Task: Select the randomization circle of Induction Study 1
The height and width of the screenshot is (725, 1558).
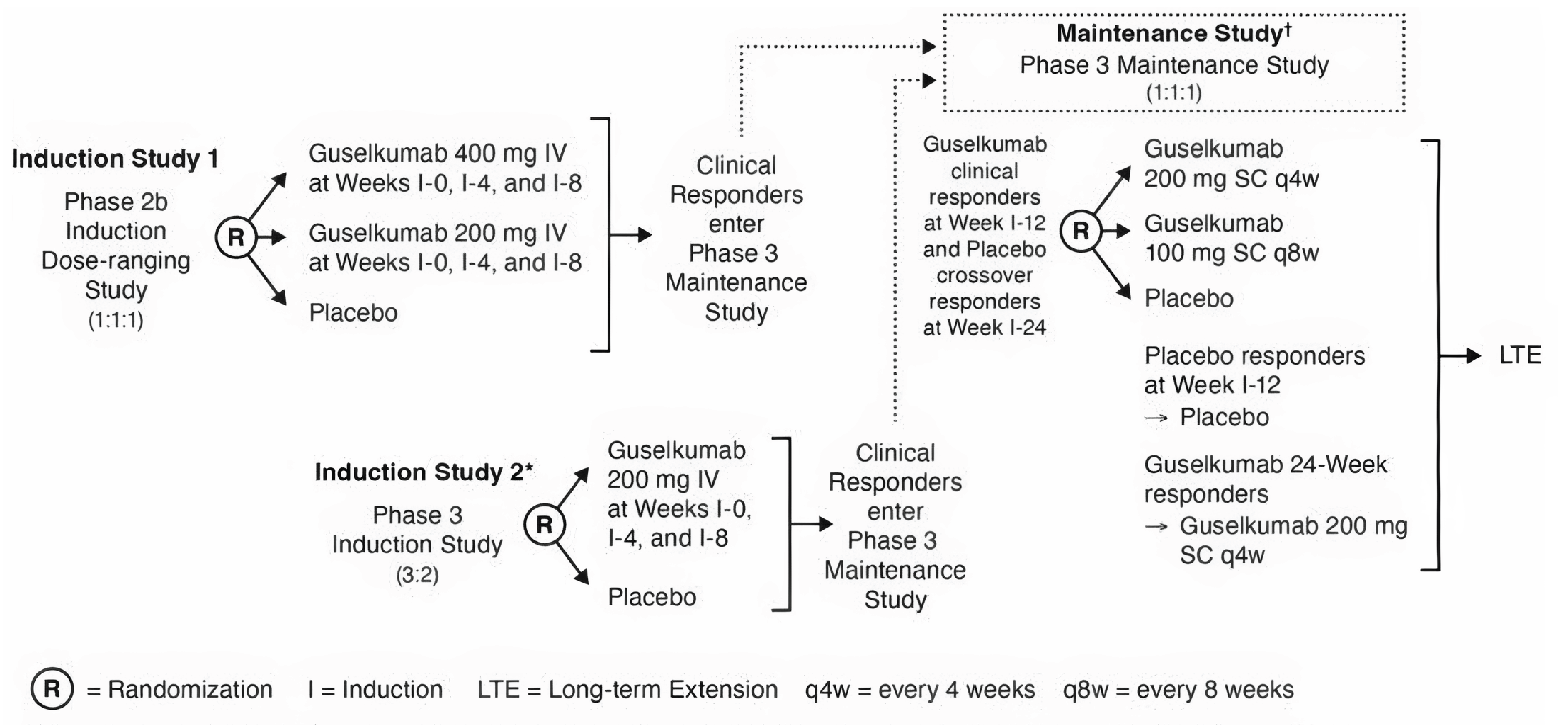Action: (x=236, y=237)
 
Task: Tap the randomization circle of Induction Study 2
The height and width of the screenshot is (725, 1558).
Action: (x=544, y=524)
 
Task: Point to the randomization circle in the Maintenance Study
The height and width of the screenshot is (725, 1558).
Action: (x=1081, y=231)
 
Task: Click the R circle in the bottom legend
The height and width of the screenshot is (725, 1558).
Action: (x=52, y=689)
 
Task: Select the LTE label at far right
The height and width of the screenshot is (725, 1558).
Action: (x=1520, y=355)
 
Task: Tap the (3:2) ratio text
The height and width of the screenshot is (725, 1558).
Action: (x=417, y=575)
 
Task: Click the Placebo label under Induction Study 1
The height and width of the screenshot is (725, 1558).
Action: (x=353, y=313)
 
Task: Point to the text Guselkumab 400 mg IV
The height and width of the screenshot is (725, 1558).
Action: (x=438, y=154)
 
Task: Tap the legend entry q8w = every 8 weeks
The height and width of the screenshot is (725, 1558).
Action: (x=1178, y=689)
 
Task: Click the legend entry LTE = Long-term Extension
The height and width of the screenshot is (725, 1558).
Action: (x=627, y=689)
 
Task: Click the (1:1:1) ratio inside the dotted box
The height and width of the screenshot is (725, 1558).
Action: (x=1173, y=92)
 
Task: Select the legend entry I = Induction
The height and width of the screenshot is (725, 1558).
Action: (x=375, y=689)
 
